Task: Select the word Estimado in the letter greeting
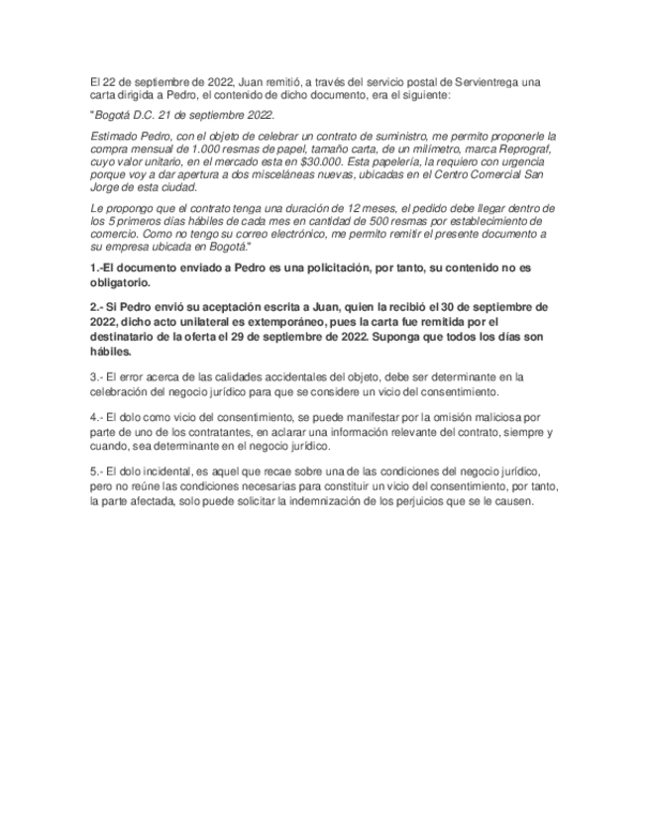pos(116,136)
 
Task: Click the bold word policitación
pos(338,268)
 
